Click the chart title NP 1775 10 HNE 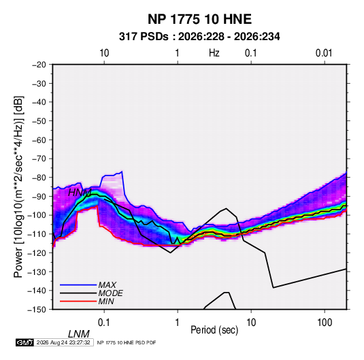199,19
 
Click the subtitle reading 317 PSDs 144,37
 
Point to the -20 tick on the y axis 39,65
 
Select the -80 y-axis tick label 39,178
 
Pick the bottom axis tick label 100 325,323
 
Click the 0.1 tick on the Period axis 104,323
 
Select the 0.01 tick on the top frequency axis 324,53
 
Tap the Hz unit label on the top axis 214,53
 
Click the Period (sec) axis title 214,330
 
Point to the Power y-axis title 18,187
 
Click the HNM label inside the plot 80,193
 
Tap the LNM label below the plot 79,334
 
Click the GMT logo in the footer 25,342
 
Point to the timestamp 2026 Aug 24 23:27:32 63,342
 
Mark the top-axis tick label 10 104,53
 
